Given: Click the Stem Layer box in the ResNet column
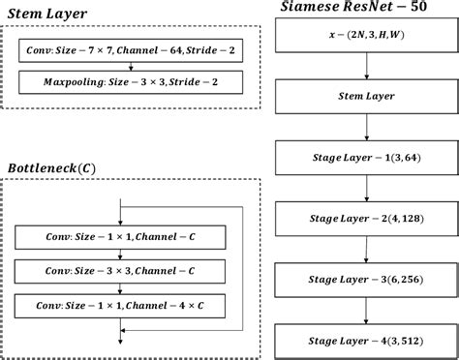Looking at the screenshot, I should [x=366, y=97].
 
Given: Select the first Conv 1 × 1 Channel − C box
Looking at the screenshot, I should [x=120, y=235].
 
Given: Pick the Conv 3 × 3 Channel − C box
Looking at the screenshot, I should [x=120, y=270].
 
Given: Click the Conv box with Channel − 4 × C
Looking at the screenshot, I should [x=120, y=306].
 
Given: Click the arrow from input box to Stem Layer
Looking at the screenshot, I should [x=366, y=66].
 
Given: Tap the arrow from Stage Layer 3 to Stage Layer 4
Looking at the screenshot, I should [x=366, y=314].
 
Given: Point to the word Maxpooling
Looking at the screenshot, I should [x=75, y=84].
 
